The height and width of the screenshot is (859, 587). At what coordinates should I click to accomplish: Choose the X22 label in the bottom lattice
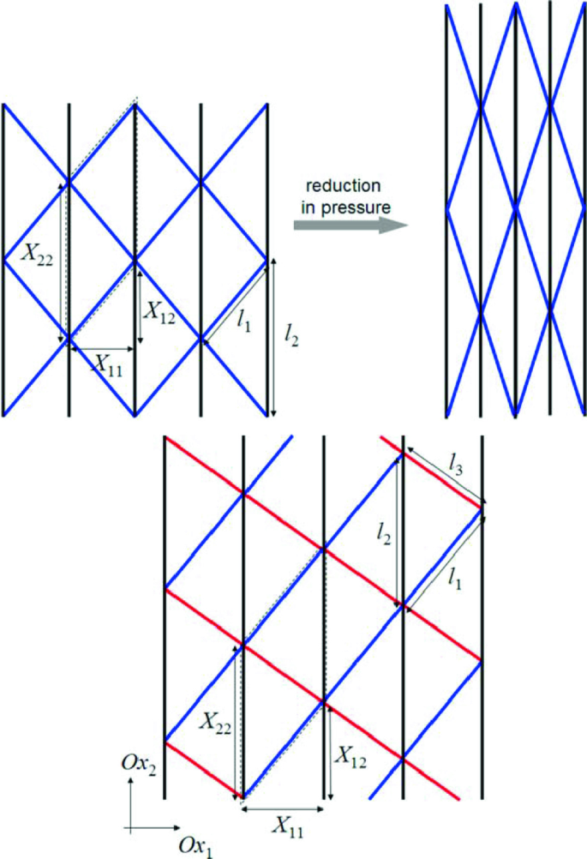click(x=217, y=721)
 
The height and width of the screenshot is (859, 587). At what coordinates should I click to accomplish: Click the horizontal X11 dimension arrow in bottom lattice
click(x=284, y=807)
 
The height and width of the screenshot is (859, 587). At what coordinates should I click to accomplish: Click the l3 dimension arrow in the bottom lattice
click(x=446, y=476)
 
